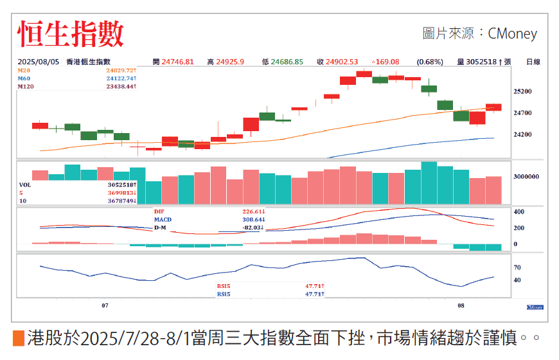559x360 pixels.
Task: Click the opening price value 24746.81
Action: pos(177,62)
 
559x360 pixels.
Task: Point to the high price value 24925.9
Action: pos(231,62)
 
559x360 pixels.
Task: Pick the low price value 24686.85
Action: pos(287,62)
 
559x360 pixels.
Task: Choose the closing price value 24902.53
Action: pos(342,62)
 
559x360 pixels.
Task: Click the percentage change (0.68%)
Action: pos(430,62)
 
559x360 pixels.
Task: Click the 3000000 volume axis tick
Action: pos(526,176)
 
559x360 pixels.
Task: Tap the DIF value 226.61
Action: pos(253,212)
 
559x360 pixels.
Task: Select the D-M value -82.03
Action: pos(253,228)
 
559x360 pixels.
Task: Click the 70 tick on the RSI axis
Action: pos(517,267)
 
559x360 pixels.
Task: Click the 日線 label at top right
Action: pos(533,62)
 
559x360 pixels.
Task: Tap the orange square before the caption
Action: pos(18,337)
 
